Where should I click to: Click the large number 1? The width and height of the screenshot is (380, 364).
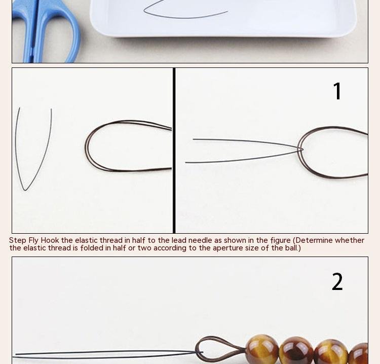[x=337, y=91]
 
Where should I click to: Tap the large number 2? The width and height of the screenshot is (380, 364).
[x=337, y=281]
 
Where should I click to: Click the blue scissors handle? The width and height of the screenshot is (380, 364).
[x=46, y=31]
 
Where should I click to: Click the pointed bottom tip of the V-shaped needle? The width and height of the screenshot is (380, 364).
[x=25, y=191]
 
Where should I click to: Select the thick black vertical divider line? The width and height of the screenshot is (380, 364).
[x=174, y=151]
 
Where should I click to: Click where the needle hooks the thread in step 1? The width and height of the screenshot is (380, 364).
[x=300, y=150]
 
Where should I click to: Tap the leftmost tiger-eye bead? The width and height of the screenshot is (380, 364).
[x=262, y=349]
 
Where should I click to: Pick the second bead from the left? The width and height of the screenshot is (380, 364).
[x=296, y=351]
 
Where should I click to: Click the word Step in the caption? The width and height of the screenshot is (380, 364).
[x=18, y=241]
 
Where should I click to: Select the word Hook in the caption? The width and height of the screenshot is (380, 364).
[x=50, y=240]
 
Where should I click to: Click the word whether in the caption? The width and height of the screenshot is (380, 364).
[x=350, y=240]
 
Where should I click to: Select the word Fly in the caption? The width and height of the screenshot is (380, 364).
[x=33, y=241]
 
